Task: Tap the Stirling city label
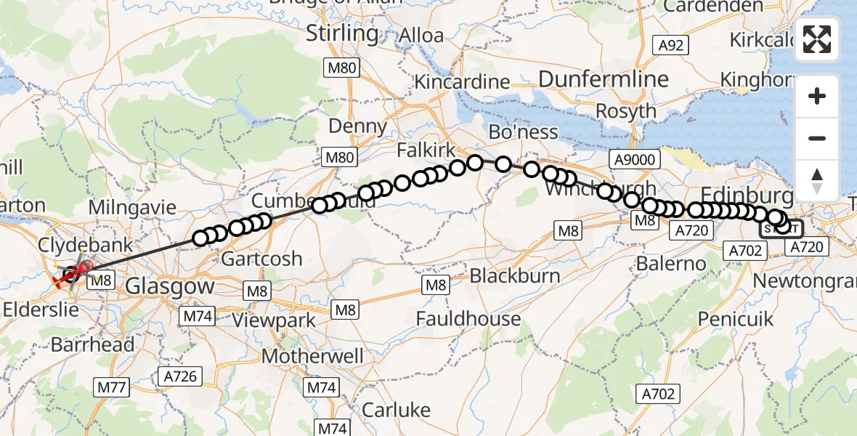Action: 341,33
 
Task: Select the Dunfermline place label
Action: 593,79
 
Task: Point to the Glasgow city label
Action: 170,286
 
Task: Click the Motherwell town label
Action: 312,357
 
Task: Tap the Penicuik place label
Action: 735,319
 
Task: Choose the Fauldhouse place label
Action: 468,318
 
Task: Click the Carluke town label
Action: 396,410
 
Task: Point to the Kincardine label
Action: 461,81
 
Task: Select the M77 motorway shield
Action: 112,387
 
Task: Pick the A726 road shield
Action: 180,376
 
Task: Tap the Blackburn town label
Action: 515,276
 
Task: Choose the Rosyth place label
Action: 625,112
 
